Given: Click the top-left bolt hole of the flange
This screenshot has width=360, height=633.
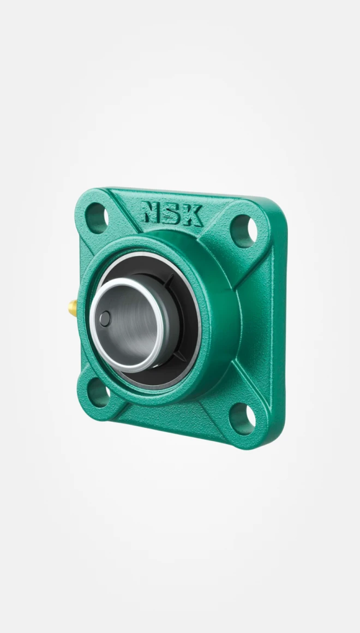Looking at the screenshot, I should pyautogui.click(x=97, y=217).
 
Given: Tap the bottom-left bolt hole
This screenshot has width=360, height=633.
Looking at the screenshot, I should pyautogui.click(x=98, y=391).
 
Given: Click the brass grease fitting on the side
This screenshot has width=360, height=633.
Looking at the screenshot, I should pyautogui.click(x=72, y=309).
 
